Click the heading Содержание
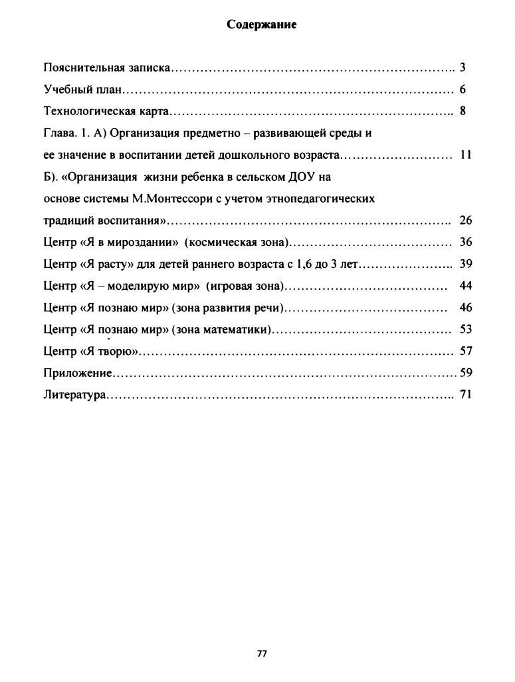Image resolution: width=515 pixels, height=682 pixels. [x=261, y=25]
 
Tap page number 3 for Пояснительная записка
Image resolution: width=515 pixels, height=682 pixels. [x=463, y=68]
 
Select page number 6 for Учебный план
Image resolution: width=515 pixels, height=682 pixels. [x=463, y=90]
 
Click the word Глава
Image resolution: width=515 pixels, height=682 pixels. [x=57, y=133]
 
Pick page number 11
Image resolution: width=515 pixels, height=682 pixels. [x=465, y=155]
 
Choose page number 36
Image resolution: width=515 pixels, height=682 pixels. [x=465, y=243]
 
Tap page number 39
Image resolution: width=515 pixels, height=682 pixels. [x=465, y=265]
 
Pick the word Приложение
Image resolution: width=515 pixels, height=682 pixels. [x=77, y=374]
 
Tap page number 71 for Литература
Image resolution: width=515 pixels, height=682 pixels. [x=465, y=395]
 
